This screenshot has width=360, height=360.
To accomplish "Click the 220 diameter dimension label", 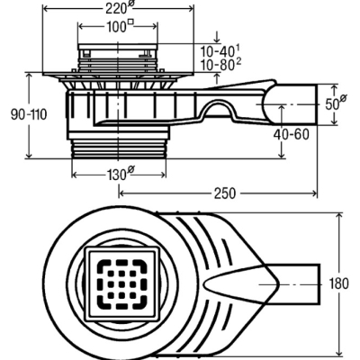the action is tap(117, 8).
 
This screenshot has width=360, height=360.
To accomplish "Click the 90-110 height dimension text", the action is tap(29, 114).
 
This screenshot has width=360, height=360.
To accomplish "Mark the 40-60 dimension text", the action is tap(291, 135).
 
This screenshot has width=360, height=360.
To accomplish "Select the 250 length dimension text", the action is tap(225, 193).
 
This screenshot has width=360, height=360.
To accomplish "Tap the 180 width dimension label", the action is tap(339, 283).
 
